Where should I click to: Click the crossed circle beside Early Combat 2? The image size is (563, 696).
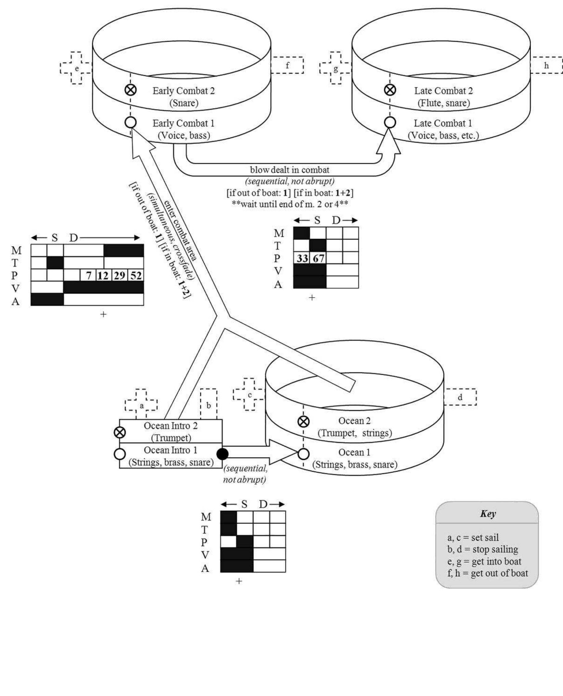pos(131,90)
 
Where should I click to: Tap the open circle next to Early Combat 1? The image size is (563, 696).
pos(130,123)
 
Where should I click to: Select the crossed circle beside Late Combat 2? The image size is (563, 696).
pos(390,90)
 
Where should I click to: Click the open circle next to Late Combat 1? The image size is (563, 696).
pos(390,123)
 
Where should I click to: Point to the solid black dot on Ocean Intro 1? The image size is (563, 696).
pos(222,454)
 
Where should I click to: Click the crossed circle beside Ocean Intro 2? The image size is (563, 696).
pos(120,432)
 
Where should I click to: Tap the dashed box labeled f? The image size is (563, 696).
pos(287,65)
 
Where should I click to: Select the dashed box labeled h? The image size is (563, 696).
pos(546,65)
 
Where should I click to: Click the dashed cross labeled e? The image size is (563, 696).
pos(76,68)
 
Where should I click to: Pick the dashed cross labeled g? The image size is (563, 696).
pos(336,68)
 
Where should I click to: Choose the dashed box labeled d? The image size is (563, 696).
pos(460,397)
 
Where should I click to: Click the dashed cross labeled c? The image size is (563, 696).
pos(249,395)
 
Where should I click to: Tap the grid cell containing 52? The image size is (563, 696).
pos(136,275)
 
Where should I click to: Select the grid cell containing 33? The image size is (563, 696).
pos(302,258)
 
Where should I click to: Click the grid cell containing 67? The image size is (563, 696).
pos(318,258)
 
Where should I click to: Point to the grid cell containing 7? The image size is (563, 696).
pos(88,275)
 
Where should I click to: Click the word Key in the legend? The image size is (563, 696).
pos(487,514)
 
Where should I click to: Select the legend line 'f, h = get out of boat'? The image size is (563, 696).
pos(487,573)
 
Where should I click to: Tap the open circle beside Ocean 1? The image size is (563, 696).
pos(303,454)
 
